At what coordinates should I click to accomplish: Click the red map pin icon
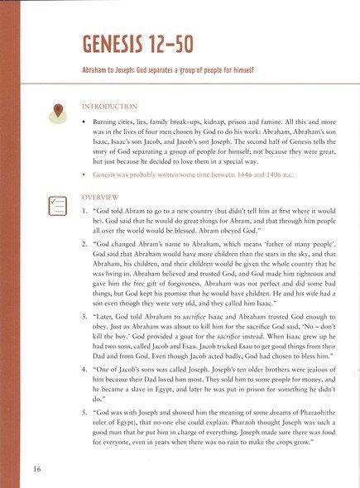[x=60, y=113]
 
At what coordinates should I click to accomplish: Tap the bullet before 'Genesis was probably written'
[x=86, y=177]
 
